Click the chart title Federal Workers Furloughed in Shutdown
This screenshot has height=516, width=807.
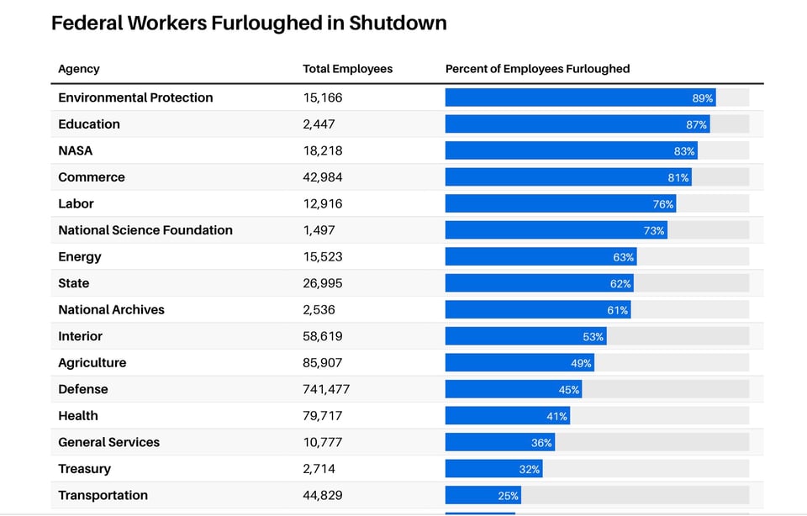click(x=249, y=24)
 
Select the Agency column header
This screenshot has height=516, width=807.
click(x=79, y=69)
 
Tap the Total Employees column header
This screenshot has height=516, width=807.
click(x=347, y=69)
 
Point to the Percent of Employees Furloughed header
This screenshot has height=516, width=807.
click(x=537, y=69)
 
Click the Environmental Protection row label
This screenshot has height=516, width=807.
click(x=135, y=97)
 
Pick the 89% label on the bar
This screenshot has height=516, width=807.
click(x=702, y=98)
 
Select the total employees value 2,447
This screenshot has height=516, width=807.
click(x=319, y=124)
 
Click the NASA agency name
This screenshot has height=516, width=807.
click(x=76, y=150)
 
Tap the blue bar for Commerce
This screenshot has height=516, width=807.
click(x=555, y=177)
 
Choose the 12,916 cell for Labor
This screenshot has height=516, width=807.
click(x=323, y=203)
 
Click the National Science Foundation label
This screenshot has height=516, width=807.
click(x=145, y=230)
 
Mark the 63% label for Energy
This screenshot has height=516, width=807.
click(x=623, y=257)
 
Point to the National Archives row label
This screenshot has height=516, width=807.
click(x=111, y=310)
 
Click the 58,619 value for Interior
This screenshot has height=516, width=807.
click(x=323, y=336)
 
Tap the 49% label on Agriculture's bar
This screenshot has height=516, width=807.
click(x=582, y=363)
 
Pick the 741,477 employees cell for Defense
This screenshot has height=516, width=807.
click(x=326, y=389)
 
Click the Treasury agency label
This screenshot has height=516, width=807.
click(x=84, y=469)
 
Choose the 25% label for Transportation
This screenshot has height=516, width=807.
click(x=509, y=496)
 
